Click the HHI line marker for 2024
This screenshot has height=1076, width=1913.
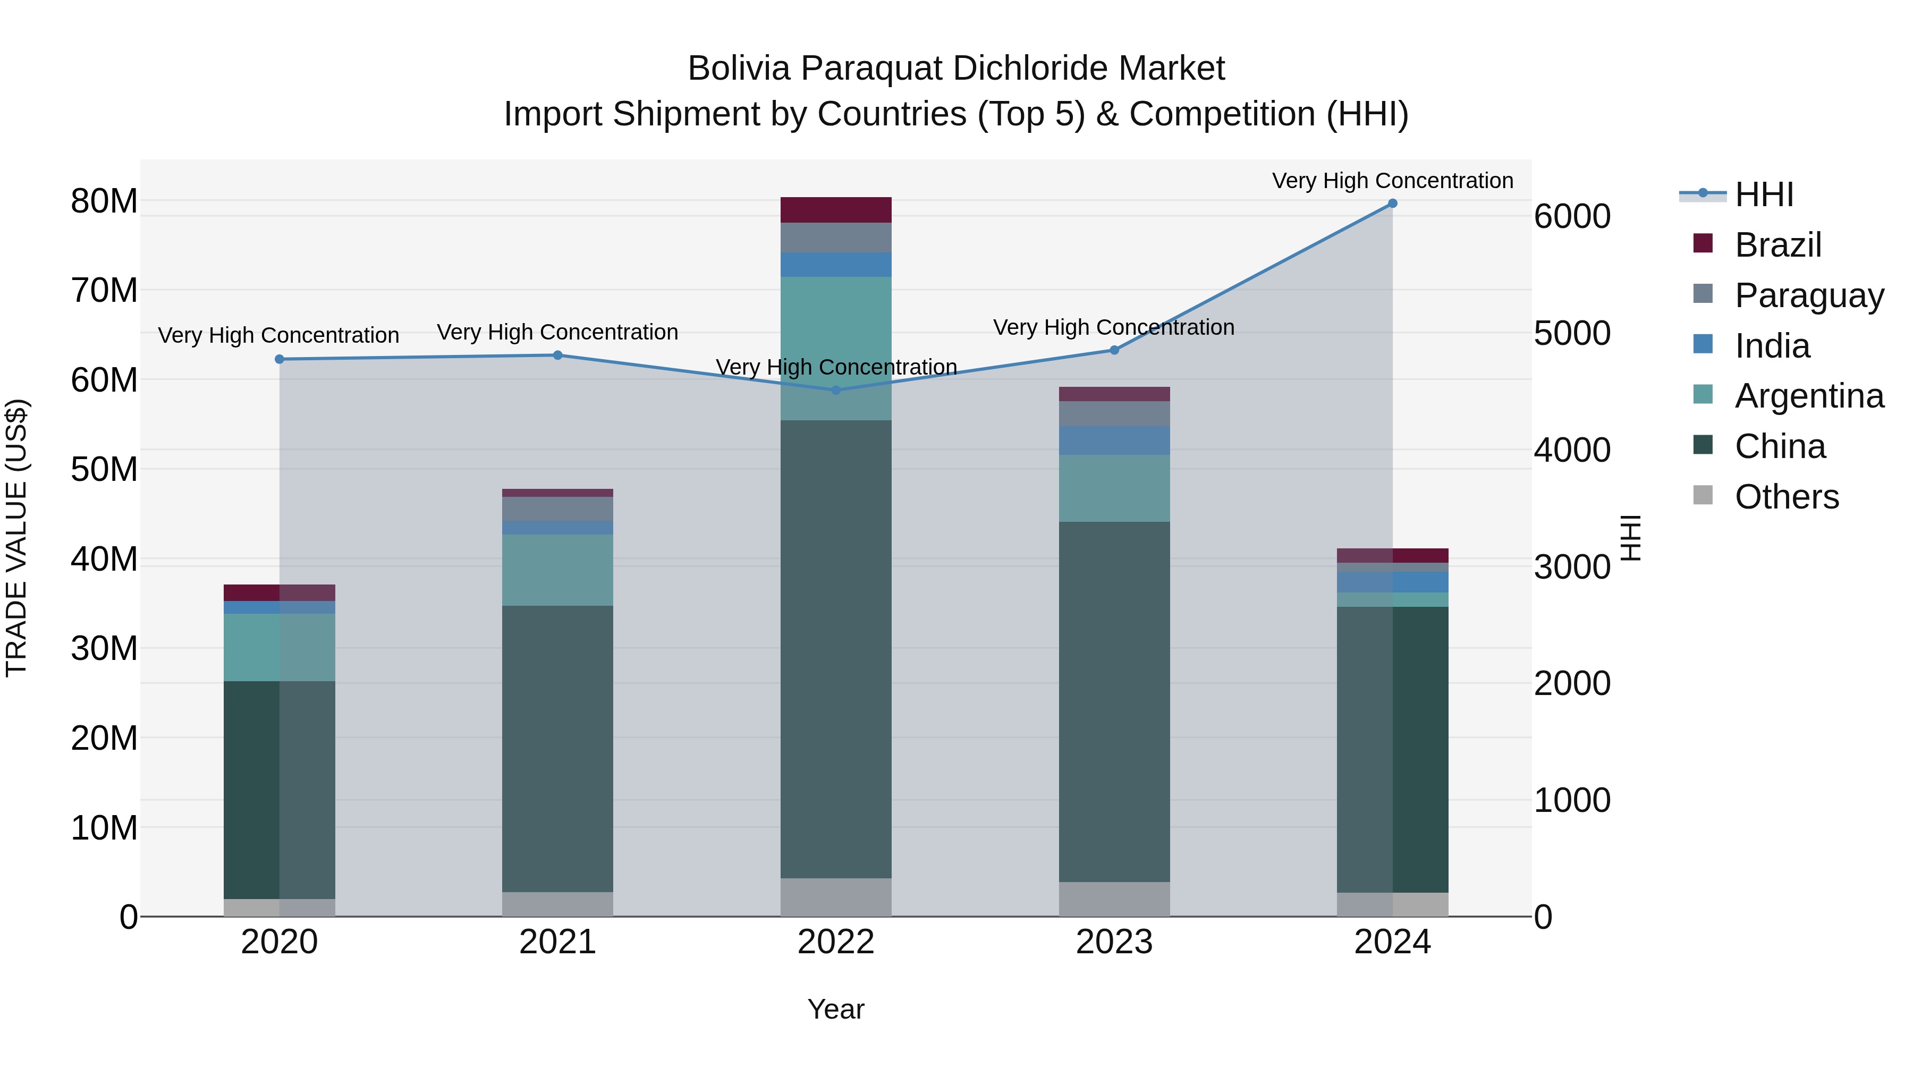tap(1392, 204)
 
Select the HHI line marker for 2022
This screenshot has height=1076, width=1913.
tap(836, 390)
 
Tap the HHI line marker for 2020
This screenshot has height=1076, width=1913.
tap(279, 359)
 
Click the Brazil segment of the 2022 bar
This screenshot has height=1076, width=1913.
tap(836, 210)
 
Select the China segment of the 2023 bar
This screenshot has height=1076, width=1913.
tap(1114, 702)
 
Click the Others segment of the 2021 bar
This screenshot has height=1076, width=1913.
tap(558, 904)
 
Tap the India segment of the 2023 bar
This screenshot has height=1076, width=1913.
tap(1114, 440)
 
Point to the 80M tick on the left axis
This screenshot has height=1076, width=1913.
tap(104, 201)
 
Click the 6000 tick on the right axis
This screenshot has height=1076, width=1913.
tap(1572, 217)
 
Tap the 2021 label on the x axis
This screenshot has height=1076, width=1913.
tap(558, 942)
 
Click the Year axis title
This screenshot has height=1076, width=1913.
tap(836, 1009)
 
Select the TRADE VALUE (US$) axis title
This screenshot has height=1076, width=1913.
tap(17, 538)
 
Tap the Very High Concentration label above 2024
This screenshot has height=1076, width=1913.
tap(1392, 181)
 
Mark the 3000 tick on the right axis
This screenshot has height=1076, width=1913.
tap(1572, 567)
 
